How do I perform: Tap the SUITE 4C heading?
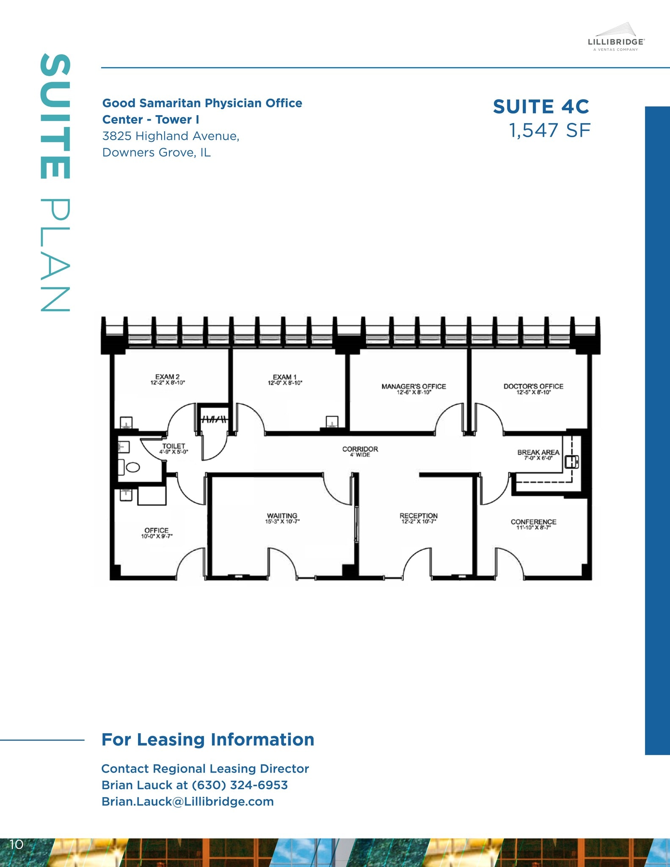click(541, 107)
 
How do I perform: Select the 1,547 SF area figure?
click(549, 130)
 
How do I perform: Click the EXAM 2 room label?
click(167, 377)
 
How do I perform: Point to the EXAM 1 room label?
click(284, 377)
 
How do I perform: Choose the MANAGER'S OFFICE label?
click(414, 387)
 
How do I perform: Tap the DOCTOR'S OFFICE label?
click(533, 387)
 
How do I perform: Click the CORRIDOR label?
click(360, 449)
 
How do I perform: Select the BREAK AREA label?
click(538, 453)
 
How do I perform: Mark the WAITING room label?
click(282, 516)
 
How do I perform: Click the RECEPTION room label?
click(419, 516)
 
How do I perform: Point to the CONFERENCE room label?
click(533, 522)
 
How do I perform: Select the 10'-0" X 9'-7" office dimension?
click(157, 536)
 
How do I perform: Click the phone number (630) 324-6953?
click(240, 785)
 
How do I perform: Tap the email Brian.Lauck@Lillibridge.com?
click(187, 801)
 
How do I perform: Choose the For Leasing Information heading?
click(208, 740)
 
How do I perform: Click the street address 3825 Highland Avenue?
click(171, 136)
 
